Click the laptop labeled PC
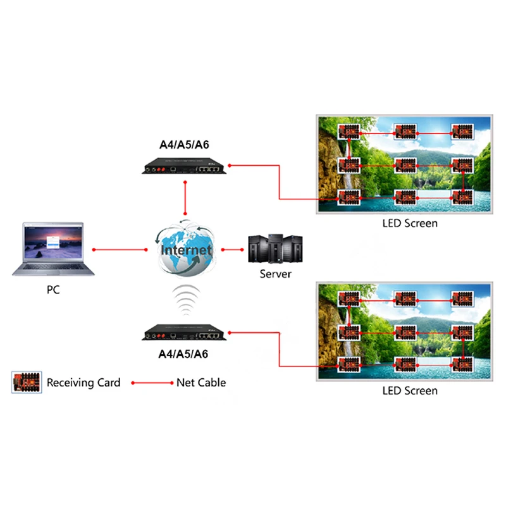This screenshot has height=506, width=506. (54, 250)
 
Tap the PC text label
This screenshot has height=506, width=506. (54, 292)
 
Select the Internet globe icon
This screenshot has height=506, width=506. (185, 249)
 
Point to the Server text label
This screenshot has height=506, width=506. (276, 274)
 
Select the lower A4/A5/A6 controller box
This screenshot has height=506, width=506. (183, 333)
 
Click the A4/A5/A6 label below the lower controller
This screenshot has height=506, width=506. (183, 354)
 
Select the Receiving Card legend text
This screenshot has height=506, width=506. (83, 383)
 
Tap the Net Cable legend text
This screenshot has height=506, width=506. (201, 383)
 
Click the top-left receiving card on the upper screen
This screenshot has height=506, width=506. (349, 132)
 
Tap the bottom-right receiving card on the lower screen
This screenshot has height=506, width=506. (462, 365)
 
